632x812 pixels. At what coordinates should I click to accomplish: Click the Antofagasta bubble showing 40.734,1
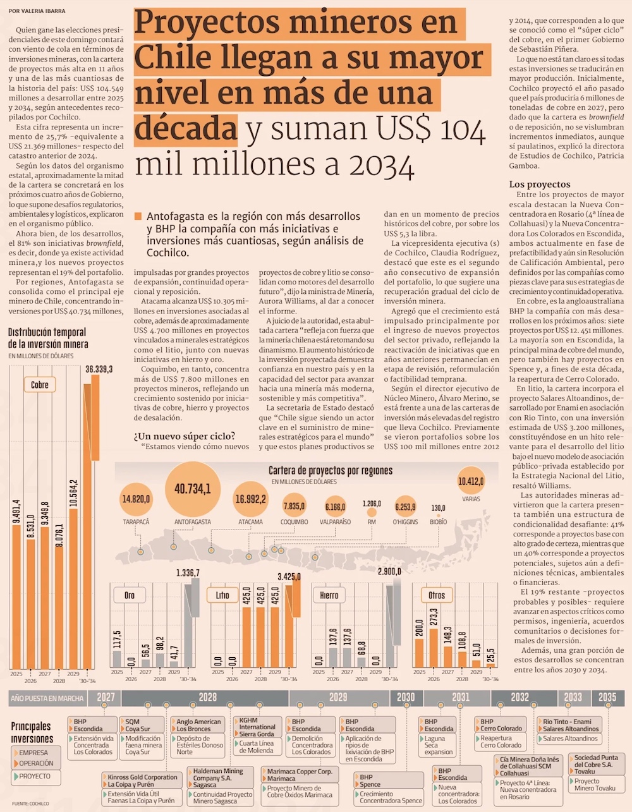pos(192,489)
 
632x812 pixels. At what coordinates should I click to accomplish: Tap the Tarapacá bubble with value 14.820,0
pos(137,499)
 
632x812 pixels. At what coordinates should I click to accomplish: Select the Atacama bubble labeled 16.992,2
pos(250,499)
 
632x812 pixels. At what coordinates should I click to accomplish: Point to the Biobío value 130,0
pos(438,508)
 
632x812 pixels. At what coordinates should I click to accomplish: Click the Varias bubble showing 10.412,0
pos(471,482)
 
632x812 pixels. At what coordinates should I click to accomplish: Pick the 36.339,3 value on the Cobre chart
pos(99,369)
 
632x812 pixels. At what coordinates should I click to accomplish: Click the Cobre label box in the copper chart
pos(40,385)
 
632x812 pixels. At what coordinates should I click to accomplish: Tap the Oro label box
pos(130,595)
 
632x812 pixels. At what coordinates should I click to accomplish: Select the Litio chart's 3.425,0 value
pos(289,576)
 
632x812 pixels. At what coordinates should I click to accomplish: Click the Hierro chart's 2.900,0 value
pos(389,571)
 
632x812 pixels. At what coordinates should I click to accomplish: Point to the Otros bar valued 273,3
pos(433,624)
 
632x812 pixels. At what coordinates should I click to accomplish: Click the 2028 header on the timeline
pos(207,698)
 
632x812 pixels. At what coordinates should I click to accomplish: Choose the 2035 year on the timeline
pos(607,698)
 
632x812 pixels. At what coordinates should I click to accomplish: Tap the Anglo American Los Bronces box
pos(198,725)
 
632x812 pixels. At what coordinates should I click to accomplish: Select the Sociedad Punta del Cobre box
pos(596,764)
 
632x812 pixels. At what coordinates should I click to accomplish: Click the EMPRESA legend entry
pos(33,753)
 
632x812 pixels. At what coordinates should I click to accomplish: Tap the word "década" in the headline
pos(186,128)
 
